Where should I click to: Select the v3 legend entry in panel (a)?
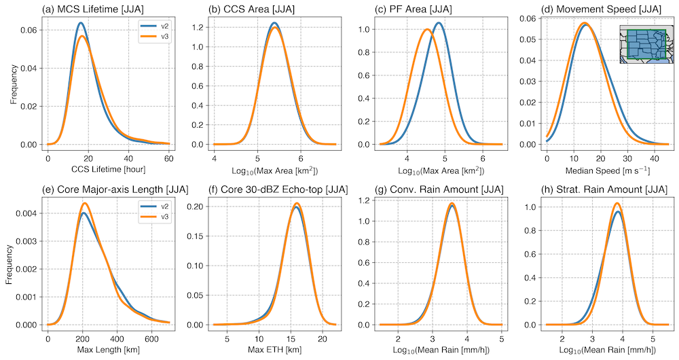[155, 37]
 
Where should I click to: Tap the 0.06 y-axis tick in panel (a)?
[30, 31]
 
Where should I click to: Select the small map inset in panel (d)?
[645, 46]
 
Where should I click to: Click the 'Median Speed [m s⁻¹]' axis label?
[594, 169]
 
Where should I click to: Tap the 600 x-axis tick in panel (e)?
[151, 338]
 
